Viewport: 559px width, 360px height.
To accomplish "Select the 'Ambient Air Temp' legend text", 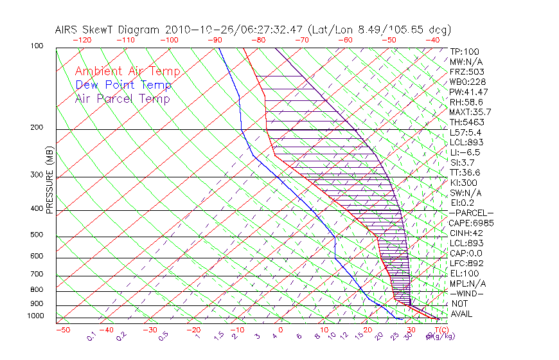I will point(127,71).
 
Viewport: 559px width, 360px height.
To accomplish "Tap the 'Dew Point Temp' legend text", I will point(123,85).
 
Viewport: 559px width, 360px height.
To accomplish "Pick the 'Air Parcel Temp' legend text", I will point(123,98).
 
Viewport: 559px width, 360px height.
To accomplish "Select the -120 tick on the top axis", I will point(82,40).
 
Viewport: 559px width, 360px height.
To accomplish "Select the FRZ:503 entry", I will point(466,71).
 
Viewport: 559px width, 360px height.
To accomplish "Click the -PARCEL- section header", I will point(472,213).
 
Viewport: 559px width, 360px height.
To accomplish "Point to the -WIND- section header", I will point(467,293).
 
